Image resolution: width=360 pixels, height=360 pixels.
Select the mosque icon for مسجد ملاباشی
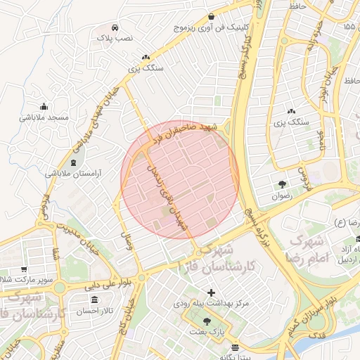click(44, 106)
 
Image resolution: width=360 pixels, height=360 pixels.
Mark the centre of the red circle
click(180, 180)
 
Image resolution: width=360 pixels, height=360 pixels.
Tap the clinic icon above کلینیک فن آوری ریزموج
click(212, 16)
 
